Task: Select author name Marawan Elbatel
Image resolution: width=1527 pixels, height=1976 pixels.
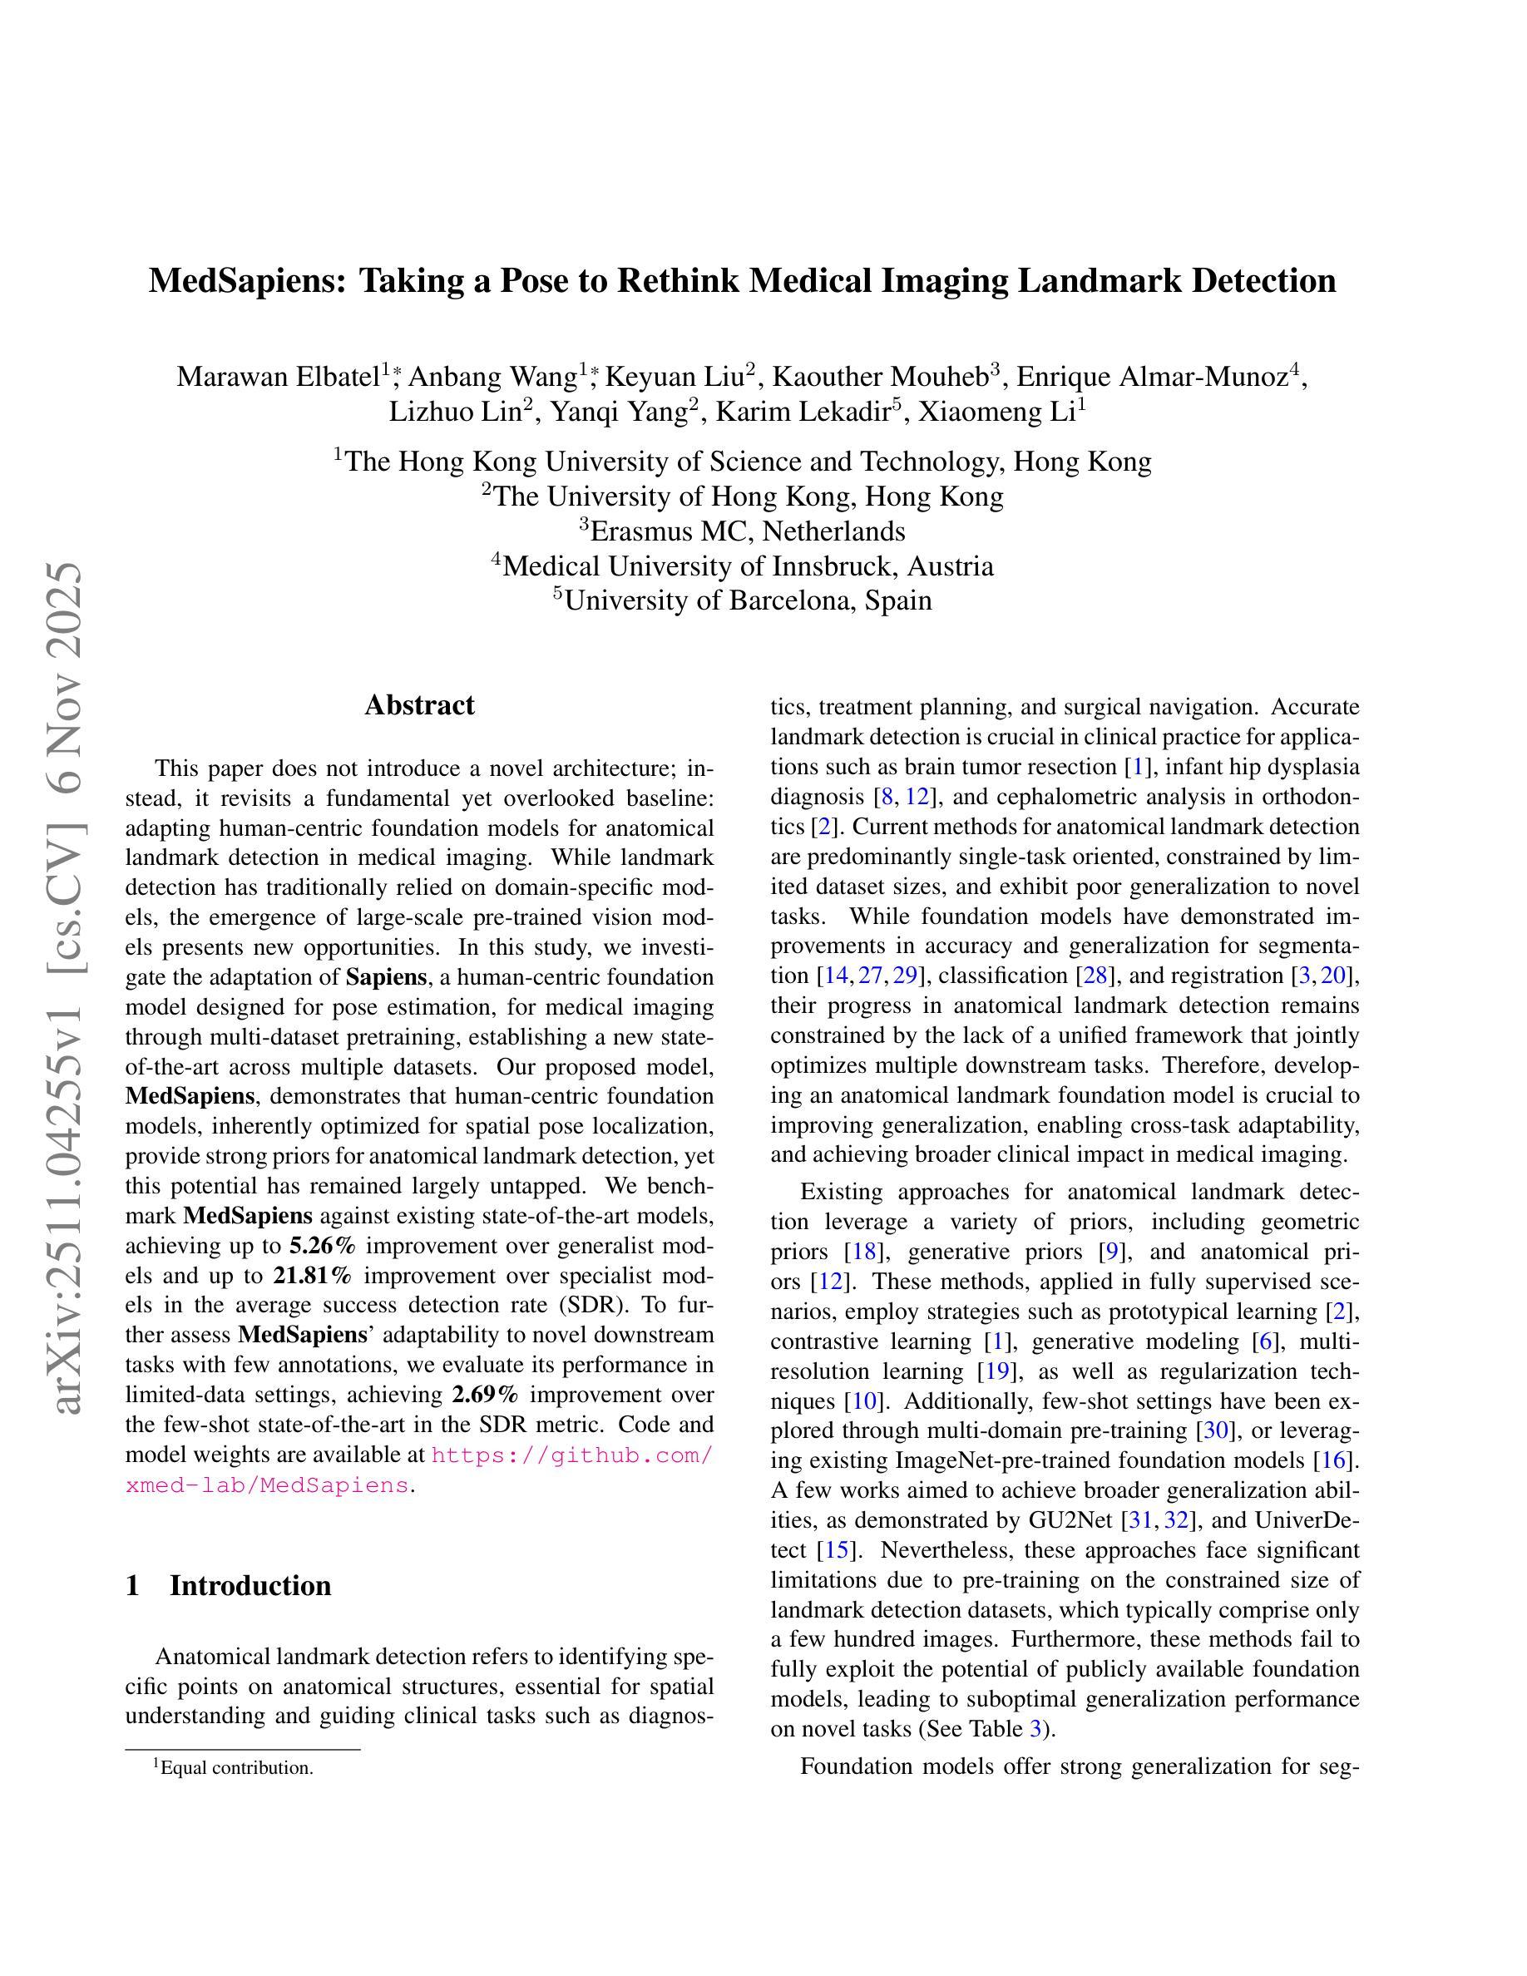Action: [x=277, y=377]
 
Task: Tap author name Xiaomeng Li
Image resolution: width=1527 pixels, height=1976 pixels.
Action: [x=995, y=412]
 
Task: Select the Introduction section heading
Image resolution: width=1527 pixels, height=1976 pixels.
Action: [x=250, y=1586]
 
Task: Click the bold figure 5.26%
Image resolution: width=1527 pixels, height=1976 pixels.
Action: [x=323, y=1246]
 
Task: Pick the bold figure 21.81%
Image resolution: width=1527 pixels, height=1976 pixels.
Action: [x=313, y=1276]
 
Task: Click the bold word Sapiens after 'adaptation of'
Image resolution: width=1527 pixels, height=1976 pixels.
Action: [x=386, y=978]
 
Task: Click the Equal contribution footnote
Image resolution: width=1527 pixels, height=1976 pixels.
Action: [x=234, y=1768]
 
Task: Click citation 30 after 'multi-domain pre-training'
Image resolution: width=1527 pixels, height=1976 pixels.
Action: [x=1212, y=1431]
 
